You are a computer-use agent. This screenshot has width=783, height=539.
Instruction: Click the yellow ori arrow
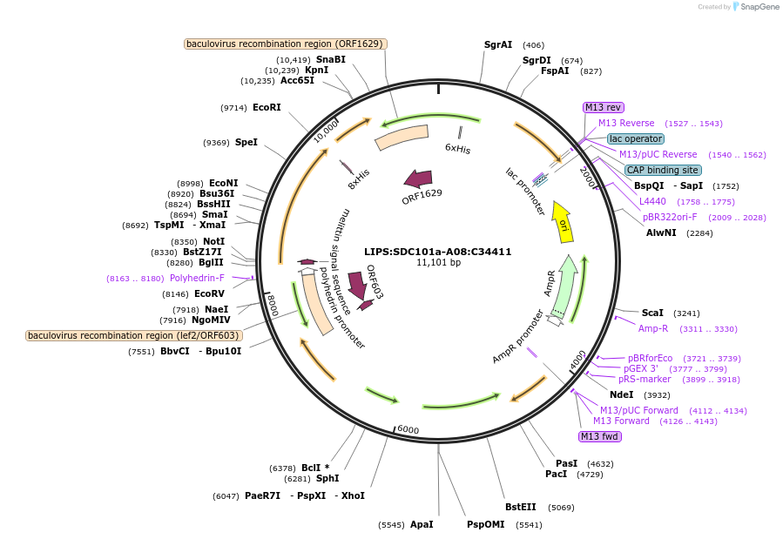coord(563,223)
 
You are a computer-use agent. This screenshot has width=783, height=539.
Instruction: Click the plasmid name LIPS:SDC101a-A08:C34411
coord(438,252)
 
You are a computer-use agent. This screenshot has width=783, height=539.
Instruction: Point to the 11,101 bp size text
coord(438,263)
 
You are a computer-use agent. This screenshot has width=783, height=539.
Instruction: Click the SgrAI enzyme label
coord(498,44)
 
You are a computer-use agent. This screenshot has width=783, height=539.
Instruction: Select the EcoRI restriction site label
coord(267,108)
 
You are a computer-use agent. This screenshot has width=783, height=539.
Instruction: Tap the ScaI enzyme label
coord(652,313)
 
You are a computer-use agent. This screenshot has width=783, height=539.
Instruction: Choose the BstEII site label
coord(521,507)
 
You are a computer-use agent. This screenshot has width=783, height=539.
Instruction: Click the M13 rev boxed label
coord(603,107)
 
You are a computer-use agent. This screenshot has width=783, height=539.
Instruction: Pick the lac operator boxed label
coord(635,138)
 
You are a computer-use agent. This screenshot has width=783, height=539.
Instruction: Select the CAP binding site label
coord(662,170)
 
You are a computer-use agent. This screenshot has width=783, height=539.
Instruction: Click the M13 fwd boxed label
coord(599,436)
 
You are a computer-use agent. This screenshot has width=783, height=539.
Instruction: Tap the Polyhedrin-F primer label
coord(197,279)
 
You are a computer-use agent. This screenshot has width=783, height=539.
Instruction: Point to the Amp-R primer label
coord(653,328)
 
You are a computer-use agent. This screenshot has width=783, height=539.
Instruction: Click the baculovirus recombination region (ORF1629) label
coord(286,44)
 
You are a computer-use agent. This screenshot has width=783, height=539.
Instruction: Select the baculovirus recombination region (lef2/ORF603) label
coord(133,335)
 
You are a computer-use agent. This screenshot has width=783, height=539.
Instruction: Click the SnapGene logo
coord(755,7)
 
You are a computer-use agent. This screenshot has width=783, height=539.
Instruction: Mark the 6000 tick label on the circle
coord(408,430)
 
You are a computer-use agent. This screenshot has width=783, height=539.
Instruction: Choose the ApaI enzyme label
coord(422,525)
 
